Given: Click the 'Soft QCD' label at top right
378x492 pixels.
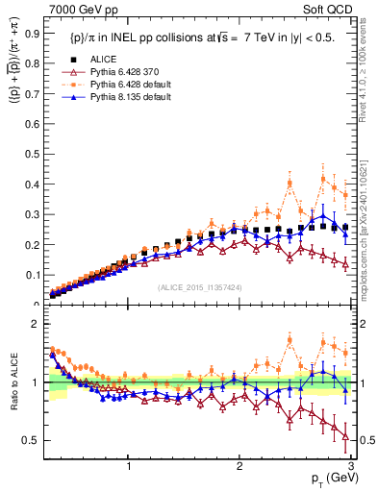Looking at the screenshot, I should [x=332, y=10].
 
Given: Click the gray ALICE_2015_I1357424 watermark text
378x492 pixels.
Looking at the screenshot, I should [x=200, y=287].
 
